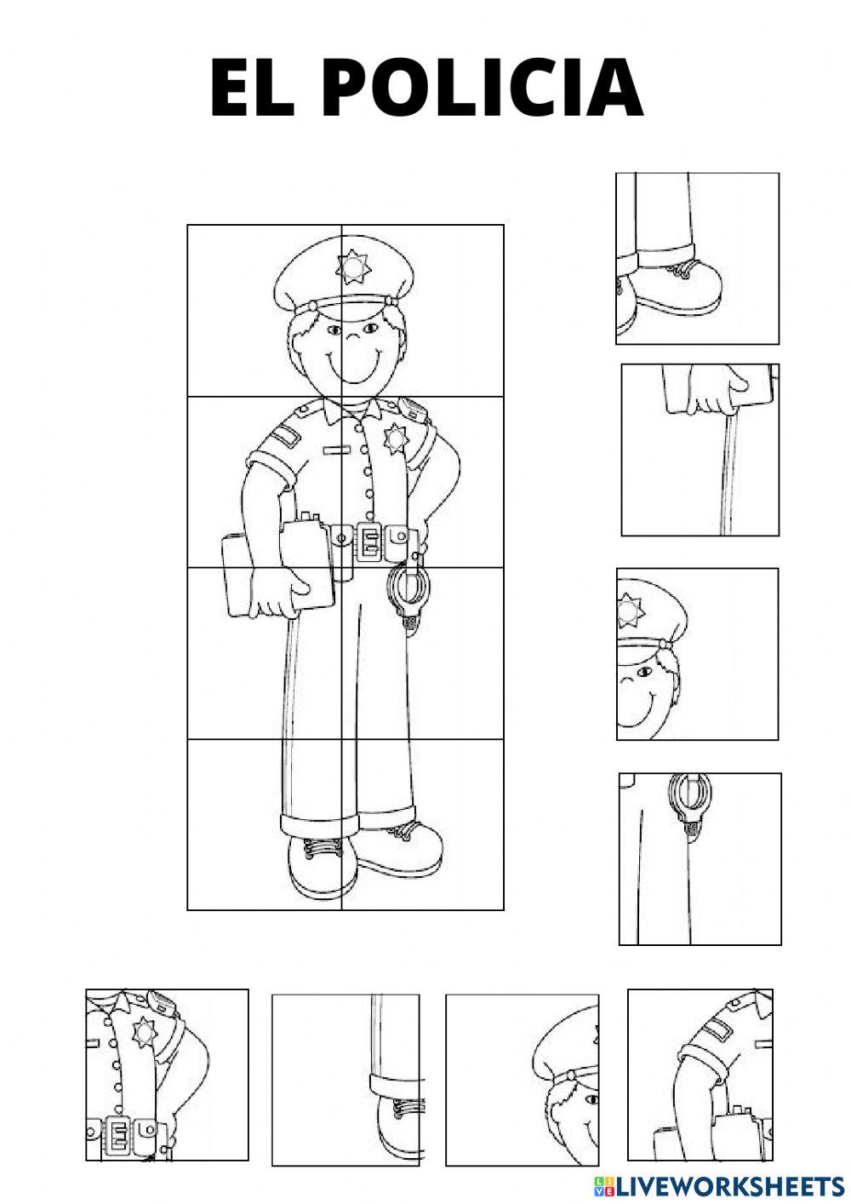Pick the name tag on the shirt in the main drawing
tap(336, 448)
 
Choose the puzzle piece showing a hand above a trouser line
tap(700, 450)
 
